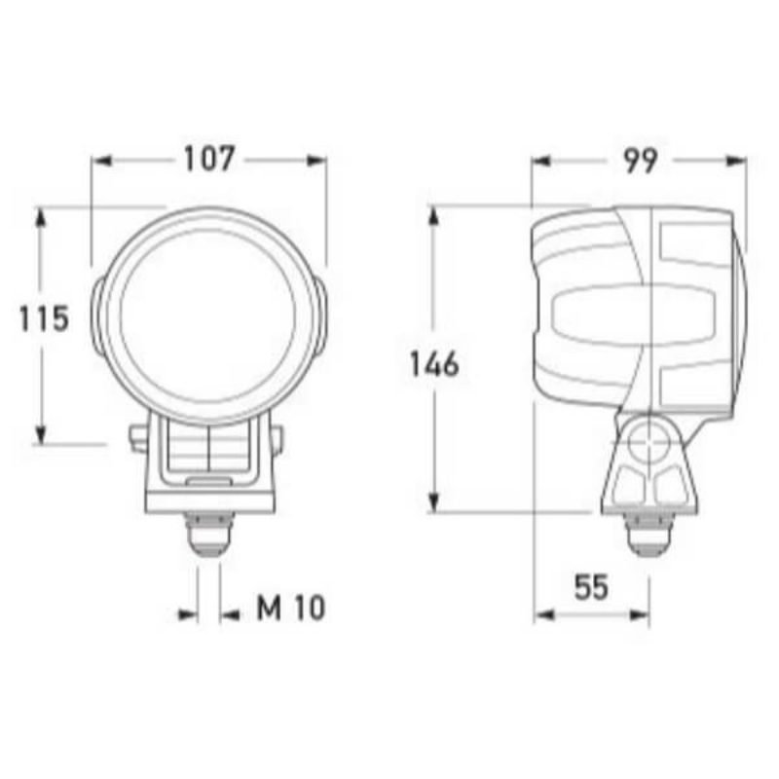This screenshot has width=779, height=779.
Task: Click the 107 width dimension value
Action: (x=209, y=160)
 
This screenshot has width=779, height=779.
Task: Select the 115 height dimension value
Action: (x=45, y=318)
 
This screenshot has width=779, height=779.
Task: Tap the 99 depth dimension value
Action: (x=639, y=160)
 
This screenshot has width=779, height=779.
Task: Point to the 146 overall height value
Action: (x=433, y=365)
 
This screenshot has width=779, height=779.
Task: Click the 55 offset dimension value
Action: (x=590, y=587)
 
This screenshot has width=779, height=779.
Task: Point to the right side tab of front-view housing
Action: (x=320, y=316)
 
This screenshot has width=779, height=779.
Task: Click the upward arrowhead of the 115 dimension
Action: (x=40, y=216)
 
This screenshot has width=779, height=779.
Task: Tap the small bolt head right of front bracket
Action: (x=279, y=439)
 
